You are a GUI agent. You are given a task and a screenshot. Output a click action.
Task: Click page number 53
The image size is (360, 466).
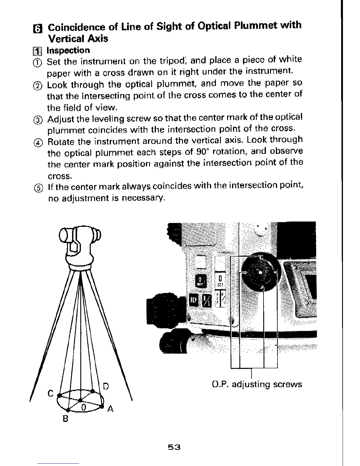(174, 447)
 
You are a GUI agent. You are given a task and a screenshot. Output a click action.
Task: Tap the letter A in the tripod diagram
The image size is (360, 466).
(110, 409)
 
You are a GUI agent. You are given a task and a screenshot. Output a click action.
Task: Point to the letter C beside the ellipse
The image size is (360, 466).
(51, 393)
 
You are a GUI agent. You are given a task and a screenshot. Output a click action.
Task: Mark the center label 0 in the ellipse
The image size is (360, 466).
(84, 407)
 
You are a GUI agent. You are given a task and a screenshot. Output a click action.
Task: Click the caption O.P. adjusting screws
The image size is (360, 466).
(257, 385)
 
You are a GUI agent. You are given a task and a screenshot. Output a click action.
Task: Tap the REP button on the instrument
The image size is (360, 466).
(193, 300)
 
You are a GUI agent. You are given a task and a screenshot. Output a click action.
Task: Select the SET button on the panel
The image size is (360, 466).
(220, 281)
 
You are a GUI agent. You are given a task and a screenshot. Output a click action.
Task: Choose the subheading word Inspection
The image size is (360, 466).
(68, 50)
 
